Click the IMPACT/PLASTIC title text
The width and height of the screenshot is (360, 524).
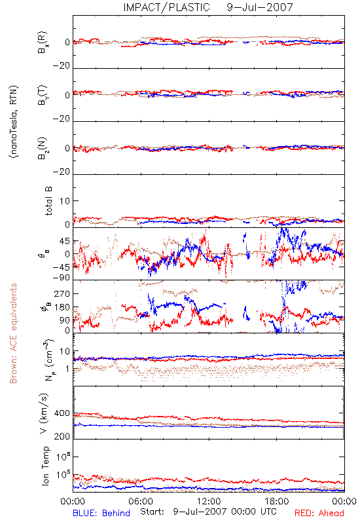(166, 7)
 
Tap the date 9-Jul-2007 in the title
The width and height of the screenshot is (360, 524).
(260, 7)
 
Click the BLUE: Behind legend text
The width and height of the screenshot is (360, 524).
(101, 513)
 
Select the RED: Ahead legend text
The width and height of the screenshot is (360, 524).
(319, 513)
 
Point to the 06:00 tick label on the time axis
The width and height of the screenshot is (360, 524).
(141, 501)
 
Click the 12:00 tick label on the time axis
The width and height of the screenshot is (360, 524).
(209, 501)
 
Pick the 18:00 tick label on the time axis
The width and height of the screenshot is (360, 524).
(277, 501)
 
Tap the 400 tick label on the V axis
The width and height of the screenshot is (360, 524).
(62, 413)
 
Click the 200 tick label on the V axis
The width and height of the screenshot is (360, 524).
(62, 436)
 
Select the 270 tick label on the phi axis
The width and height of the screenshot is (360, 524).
(62, 294)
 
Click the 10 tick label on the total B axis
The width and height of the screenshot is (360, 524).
(65, 201)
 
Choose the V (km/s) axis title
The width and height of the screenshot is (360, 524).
(44, 413)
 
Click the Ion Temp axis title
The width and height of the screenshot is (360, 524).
(45, 466)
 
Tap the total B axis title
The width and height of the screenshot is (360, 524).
(48, 201)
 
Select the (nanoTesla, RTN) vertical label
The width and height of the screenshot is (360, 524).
(14, 122)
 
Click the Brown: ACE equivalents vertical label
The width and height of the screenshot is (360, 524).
(13, 333)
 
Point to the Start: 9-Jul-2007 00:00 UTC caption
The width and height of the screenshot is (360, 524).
(208, 512)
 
